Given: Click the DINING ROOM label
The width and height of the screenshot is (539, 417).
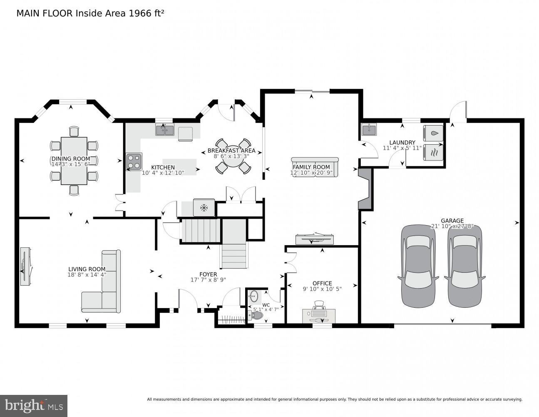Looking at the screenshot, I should coord(70,158).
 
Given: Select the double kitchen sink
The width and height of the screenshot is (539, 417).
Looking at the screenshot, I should coord(165,130).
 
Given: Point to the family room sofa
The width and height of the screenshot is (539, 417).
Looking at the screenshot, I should coord(315,167).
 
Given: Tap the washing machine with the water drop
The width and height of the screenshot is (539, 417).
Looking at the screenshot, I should coord(433,133).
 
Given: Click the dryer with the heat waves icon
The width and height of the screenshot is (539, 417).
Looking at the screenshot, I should coord(433,152).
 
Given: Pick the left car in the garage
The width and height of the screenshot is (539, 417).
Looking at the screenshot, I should coord(418,266).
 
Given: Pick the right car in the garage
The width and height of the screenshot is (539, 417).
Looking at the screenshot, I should coord(464,266).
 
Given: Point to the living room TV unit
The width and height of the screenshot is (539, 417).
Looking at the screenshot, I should coord(25,267).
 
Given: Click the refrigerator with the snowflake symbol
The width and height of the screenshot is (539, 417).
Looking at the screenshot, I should coord(204,207).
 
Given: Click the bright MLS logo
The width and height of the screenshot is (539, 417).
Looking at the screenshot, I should coord(34,406).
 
